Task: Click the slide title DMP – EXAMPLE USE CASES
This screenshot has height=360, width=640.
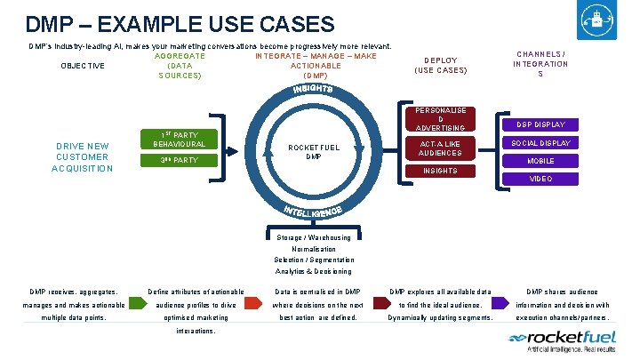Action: coord(180,24)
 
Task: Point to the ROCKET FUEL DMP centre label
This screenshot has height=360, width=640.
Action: coord(313,151)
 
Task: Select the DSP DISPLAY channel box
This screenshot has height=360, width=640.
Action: coord(540,124)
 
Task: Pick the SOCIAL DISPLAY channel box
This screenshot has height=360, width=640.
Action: coord(540,142)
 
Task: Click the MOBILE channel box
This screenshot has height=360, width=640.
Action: coord(540,161)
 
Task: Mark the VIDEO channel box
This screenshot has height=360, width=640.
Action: coord(540,179)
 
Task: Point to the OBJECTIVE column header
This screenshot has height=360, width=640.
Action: coord(82,66)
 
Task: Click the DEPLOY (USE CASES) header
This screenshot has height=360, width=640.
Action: coord(441,66)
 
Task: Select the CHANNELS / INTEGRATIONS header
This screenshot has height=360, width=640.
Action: coord(540,63)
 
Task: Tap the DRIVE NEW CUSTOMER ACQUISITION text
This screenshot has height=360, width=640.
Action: coord(82,157)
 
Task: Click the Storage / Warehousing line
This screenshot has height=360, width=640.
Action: coord(313,237)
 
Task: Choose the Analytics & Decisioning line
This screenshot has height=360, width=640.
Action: coord(313,271)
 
